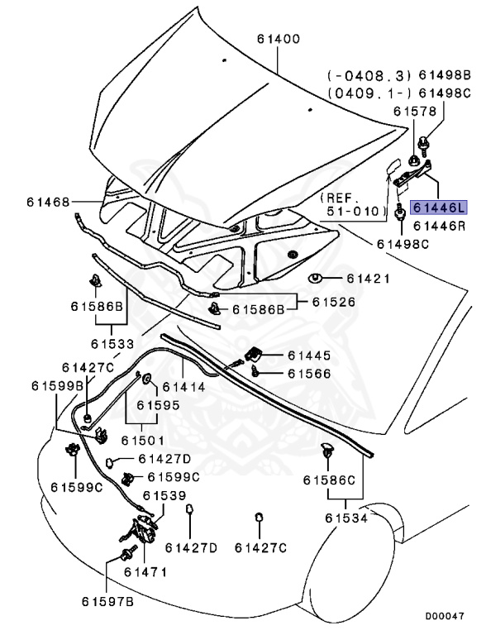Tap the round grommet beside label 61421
316,279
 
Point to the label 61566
310,374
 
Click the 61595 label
158,405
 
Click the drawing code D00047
445,616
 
